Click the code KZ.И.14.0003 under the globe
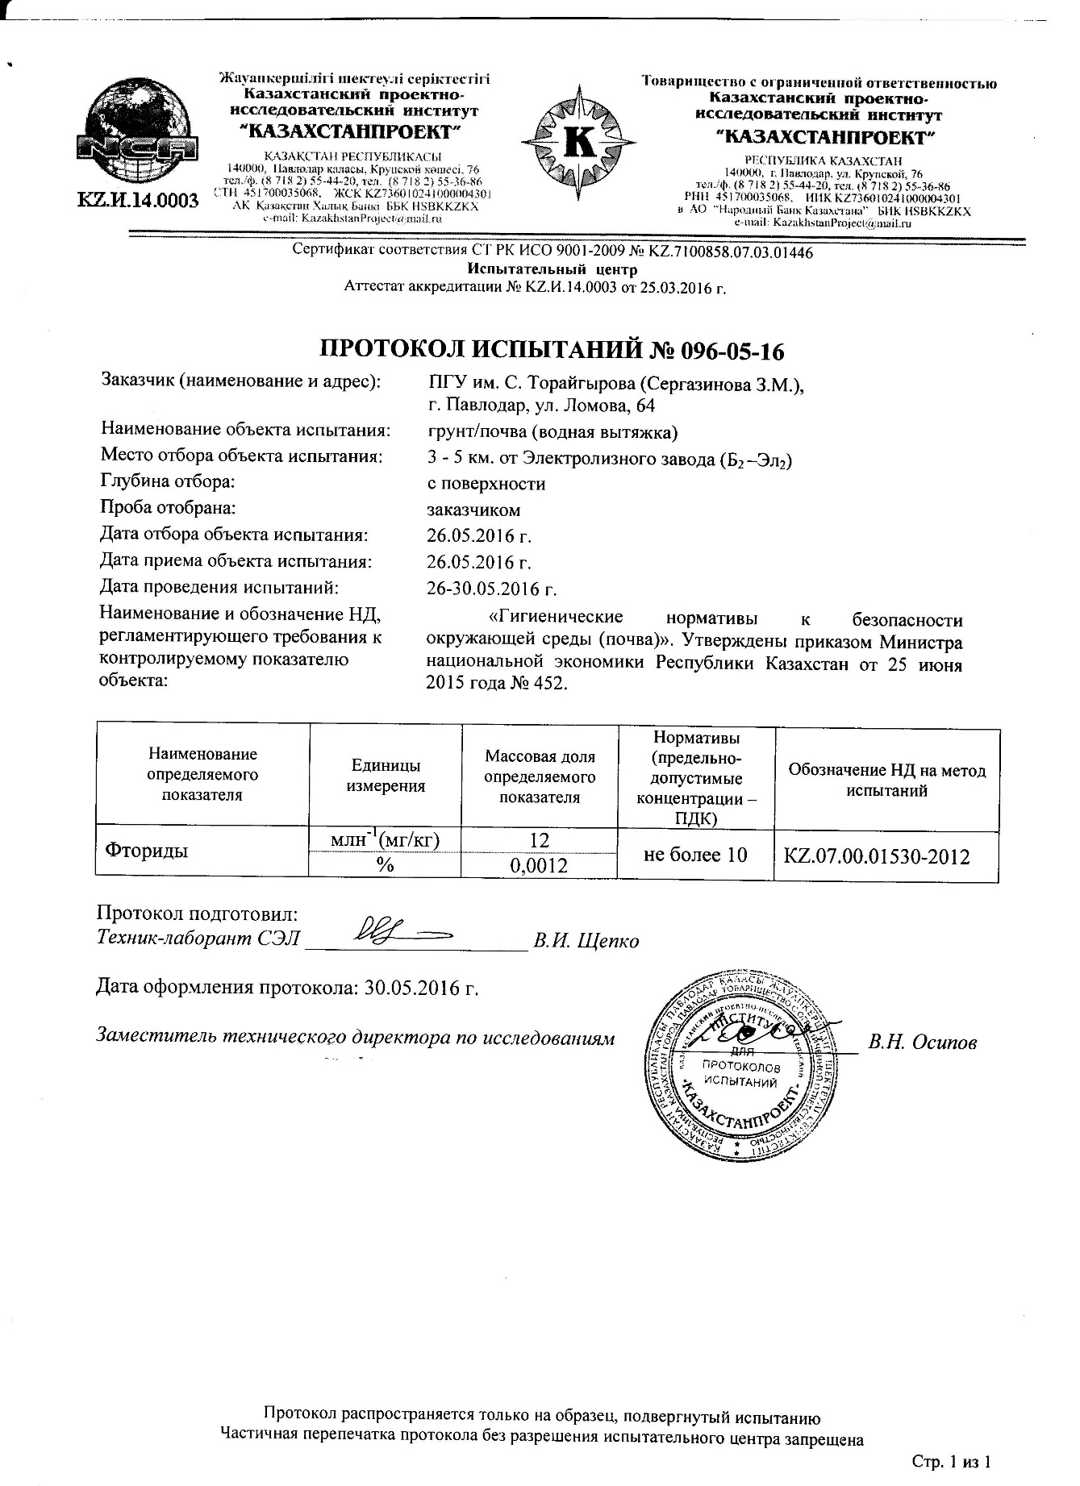(138, 201)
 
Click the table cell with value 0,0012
(540, 866)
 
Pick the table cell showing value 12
(540, 840)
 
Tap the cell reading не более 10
(695, 854)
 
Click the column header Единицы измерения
(386, 776)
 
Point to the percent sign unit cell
(386, 865)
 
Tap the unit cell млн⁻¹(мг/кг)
(386, 840)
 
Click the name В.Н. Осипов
(923, 1043)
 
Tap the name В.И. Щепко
(586, 941)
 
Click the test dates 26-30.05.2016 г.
(492, 589)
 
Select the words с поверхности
(486, 484)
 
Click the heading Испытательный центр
(553, 269)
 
